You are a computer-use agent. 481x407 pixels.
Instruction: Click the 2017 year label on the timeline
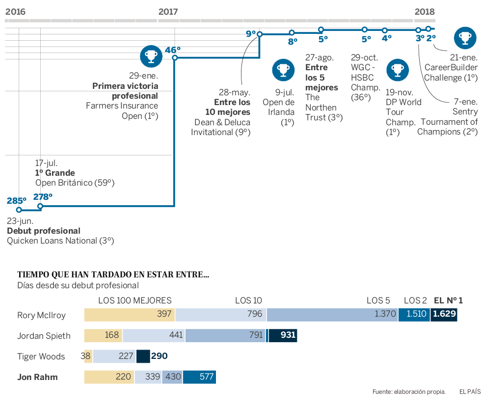[x=168, y=12]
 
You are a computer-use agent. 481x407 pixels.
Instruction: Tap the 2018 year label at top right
[x=425, y=12]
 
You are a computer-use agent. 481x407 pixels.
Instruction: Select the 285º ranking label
[x=16, y=200]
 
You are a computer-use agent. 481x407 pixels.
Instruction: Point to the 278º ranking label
[x=43, y=197]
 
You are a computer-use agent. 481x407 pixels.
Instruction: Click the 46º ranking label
[x=173, y=50]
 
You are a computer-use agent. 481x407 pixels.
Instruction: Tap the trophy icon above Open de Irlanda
[x=283, y=70]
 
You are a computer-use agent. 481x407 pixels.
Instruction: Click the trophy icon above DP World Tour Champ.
[x=397, y=70]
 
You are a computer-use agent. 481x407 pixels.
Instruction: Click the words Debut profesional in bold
[x=44, y=231]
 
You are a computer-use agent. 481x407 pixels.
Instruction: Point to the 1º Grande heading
[x=55, y=173]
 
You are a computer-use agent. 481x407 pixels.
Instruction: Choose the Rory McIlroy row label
[x=41, y=315]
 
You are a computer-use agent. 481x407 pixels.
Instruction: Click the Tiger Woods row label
[x=41, y=356]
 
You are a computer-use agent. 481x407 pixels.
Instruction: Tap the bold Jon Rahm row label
[x=37, y=377]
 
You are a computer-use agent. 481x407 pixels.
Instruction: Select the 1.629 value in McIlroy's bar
[x=444, y=315]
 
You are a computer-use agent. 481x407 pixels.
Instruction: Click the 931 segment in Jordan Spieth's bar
[x=288, y=335]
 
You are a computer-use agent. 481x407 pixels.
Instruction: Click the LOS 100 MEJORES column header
[x=135, y=300]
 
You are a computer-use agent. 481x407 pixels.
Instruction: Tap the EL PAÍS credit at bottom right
[x=470, y=392]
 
